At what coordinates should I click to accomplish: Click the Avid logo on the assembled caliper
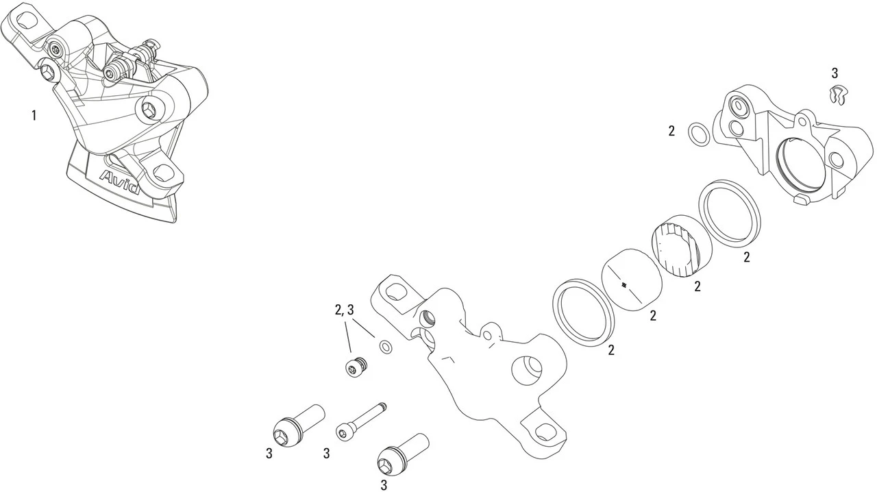(121, 181)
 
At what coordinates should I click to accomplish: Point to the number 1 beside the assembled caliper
(33, 115)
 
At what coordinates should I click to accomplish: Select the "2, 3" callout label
(344, 310)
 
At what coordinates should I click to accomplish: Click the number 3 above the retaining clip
(834, 73)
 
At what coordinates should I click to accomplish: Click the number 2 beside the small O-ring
(672, 131)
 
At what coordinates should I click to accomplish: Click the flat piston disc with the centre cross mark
(632, 280)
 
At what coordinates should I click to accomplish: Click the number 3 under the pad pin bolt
(326, 453)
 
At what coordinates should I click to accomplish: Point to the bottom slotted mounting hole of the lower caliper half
(545, 431)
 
